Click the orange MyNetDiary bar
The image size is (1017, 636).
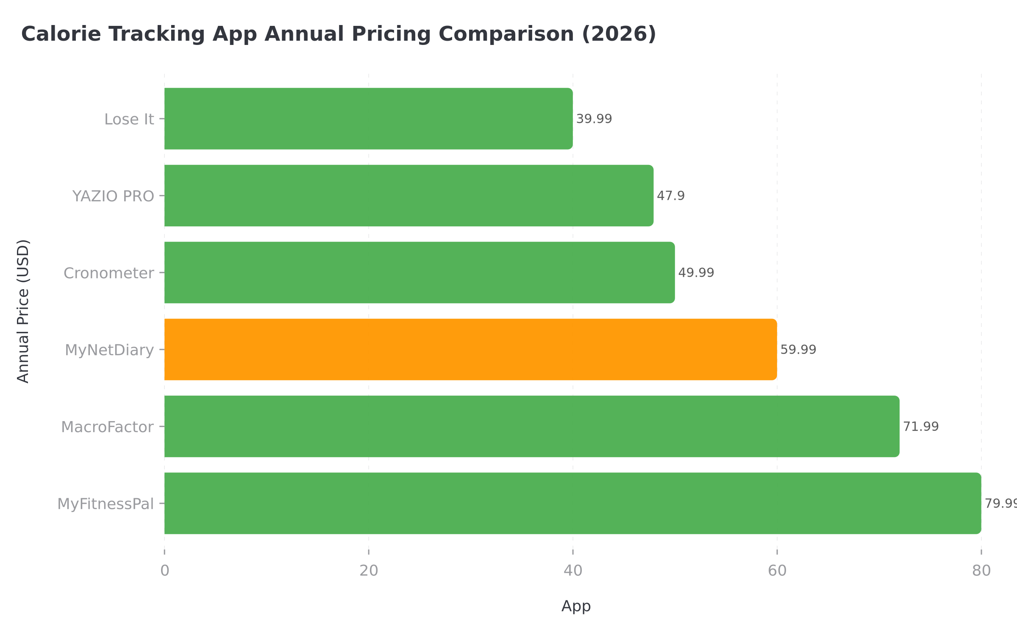[470, 349]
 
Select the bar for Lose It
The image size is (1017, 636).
[368, 119]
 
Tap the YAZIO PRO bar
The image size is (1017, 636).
[408, 195]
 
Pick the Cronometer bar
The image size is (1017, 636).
[419, 272]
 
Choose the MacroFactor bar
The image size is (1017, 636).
[531, 426]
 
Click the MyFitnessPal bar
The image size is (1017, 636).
[572, 503]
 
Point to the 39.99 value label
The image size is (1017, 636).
[594, 119]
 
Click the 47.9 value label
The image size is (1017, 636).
[670, 195]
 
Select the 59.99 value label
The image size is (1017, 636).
[798, 349]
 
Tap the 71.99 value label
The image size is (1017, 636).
[921, 426]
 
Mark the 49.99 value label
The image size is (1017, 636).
[696, 272]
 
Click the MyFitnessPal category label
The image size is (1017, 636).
[106, 504]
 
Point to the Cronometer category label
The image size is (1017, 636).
[108, 273]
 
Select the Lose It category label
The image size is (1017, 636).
[129, 119]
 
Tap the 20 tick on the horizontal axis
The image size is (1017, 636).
[369, 571]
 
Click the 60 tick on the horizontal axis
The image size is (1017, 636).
[777, 571]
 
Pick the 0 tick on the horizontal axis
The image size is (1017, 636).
[164, 571]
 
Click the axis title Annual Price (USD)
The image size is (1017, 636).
[23, 311]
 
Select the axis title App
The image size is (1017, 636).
[576, 606]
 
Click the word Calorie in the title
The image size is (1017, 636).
[61, 34]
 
